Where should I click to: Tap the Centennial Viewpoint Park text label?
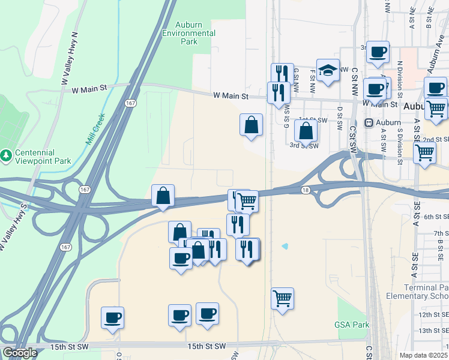[x=35, y=156]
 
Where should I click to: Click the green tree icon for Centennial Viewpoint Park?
[x=6, y=155]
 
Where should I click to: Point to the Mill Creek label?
[x=95, y=129]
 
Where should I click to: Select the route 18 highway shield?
[x=306, y=190]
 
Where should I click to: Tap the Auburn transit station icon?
[x=369, y=123]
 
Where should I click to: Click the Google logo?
[x=20, y=353]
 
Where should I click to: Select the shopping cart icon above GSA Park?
[x=282, y=297]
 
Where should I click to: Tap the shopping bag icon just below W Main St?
[x=252, y=125]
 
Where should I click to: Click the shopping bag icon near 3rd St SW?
[x=306, y=130]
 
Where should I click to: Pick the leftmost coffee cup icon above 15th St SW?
[x=112, y=317]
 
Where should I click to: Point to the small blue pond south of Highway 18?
[x=285, y=245]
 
